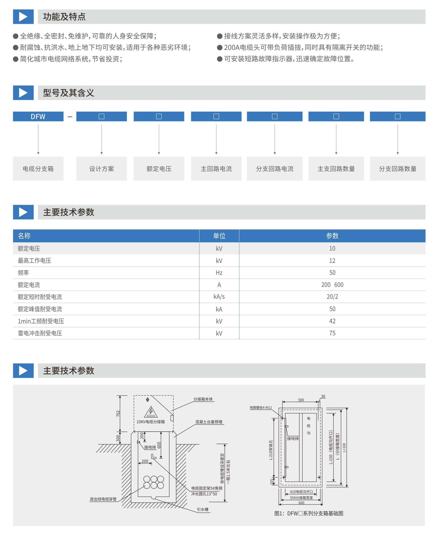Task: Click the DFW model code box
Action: tap(38, 116)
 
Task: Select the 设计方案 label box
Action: tap(101, 168)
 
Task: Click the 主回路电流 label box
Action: tap(216, 168)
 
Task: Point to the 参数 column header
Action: tap(332, 236)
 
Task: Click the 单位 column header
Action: tap(219, 236)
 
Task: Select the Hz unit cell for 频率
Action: tap(219, 273)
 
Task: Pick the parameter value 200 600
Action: tap(332, 285)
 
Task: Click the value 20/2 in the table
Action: tap(332, 297)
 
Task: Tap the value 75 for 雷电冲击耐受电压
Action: tap(332, 333)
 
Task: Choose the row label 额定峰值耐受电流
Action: tap(40, 309)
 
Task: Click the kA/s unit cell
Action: tap(219, 297)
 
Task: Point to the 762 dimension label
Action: tap(118, 414)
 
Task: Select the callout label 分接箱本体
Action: tap(203, 399)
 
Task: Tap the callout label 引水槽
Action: tap(202, 509)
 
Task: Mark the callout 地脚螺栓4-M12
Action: tap(261, 407)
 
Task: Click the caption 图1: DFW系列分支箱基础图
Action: tap(309, 513)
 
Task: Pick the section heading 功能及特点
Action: tap(64, 17)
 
